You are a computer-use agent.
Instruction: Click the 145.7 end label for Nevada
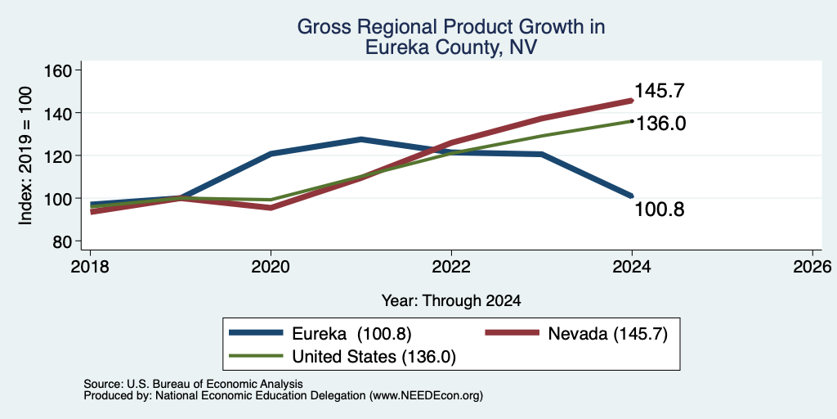point(660,91)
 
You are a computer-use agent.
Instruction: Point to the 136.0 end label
point(660,124)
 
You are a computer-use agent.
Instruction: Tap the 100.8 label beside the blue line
point(660,209)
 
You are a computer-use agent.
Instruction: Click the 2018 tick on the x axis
point(90,267)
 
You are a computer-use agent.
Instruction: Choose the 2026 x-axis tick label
point(812,267)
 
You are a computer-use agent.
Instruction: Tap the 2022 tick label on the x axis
point(451,267)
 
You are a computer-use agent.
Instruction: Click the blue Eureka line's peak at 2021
point(360,139)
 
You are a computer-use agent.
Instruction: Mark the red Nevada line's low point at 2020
point(271,208)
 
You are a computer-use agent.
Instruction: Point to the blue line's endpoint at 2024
point(632,196)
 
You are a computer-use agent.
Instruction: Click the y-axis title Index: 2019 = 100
point(25,155)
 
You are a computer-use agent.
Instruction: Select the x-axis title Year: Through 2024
point(451,301)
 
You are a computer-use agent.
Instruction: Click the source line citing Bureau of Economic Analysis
point(193,384)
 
